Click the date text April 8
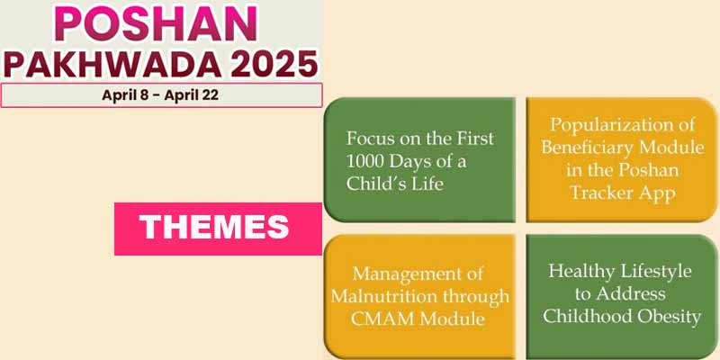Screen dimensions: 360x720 [x=127, y=95]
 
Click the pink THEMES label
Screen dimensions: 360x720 [x=217, y=227]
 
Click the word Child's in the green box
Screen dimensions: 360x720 [x=378, y=184]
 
